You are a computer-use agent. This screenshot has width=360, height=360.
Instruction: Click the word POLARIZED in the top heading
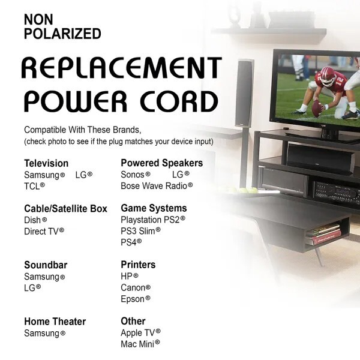tap(62, 34)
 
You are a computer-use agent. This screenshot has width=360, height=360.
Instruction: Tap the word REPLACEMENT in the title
tap(122, 68)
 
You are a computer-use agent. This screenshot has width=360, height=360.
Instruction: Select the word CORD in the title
tap(179, 101)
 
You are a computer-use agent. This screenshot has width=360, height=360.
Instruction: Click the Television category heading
tap(46, 163)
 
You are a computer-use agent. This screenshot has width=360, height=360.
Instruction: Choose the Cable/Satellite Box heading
tap(65, 209)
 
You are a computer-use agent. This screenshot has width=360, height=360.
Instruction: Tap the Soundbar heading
tap(46, 265)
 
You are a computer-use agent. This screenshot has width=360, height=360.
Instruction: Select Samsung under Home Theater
tap(42, 334)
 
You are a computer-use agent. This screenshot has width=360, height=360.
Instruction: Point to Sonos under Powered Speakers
tap(133, 175)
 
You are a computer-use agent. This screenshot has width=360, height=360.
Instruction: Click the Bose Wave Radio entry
tap(154, 186)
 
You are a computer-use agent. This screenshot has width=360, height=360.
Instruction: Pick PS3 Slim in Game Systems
tap(138, 231)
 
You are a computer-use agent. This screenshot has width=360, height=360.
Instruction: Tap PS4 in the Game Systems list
tap(128, 242)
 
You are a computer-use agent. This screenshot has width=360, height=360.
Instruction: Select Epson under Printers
tap(133, 299)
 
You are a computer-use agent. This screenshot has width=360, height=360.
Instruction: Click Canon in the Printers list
tap(133, 287)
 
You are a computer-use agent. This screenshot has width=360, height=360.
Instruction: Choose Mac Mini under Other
tap(137, 344)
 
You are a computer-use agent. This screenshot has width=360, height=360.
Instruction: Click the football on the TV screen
tap(317, 108)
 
